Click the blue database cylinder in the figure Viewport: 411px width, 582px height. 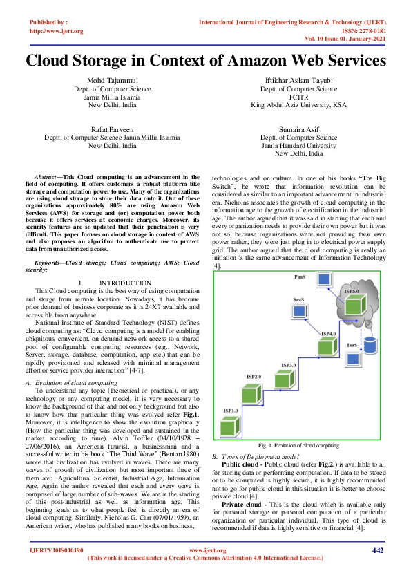(x=371, y=344)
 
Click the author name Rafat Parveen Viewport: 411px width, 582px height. (x=113, y=129)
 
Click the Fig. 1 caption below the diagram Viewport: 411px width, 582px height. (x=298, y=446)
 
